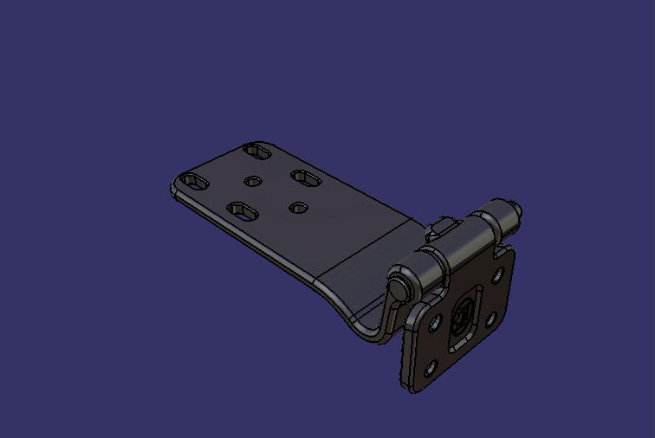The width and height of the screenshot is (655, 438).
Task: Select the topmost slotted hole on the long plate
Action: tap(257, 151)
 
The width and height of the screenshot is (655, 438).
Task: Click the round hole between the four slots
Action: tap(254, 181)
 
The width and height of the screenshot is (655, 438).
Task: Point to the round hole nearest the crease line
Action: tap(299, 208)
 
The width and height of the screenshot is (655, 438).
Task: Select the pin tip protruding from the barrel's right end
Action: tap(517, 208)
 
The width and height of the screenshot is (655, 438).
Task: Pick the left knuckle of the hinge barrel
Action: tap(429, 268)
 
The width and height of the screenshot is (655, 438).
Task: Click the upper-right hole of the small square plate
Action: tap(498, 276)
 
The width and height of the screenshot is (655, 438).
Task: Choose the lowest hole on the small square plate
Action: tap(429, 367)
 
